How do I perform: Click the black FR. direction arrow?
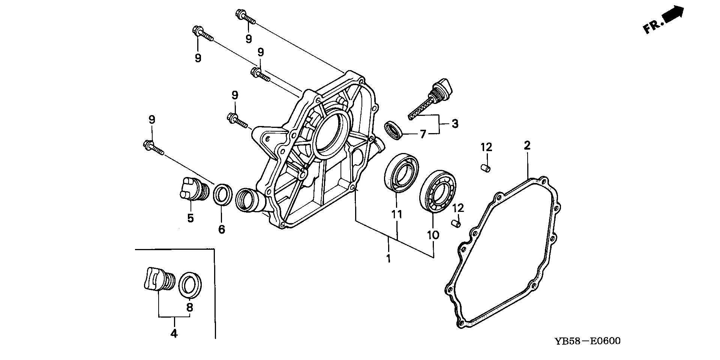click(673, 15)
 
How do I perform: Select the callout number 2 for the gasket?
click(527, 145)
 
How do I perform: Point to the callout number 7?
click(423, 134)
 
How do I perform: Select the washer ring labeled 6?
click(222, 194)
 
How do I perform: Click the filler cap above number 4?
click(157, 279)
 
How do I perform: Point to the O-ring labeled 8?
click(191, 285)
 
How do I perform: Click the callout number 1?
click(388, 258)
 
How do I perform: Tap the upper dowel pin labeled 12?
click(486, 168)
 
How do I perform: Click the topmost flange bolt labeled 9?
click(245, 17)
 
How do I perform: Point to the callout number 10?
click(433, 235)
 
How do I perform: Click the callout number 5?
click(190, 218)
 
